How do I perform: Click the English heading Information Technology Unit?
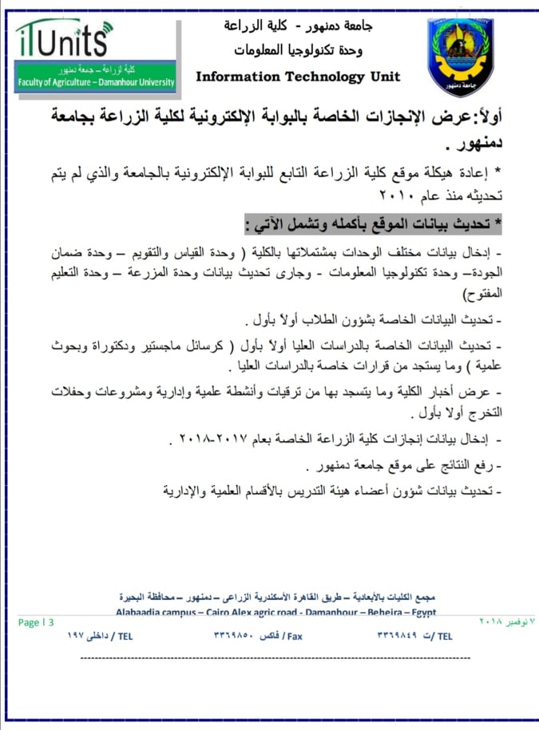pos(298,77)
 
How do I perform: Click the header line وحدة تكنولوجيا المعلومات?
pos(298,50)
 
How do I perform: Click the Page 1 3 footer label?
pos(36,622)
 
